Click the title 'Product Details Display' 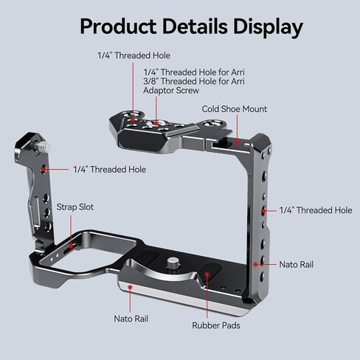(191, 27)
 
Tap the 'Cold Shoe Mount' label (235, 109)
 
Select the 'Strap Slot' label (75, 207)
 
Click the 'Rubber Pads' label (216, 325)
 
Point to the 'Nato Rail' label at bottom (131, 319)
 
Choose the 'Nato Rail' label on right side (297, 265)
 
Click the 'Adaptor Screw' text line (171, 91)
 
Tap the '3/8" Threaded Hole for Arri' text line (194, 81)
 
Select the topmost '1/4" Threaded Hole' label (134, 55)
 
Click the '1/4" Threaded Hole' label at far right (316, 210)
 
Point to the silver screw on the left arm (44, 147)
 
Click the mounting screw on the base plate (173, 263)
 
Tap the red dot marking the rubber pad (207, 274)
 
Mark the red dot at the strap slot (71, 246)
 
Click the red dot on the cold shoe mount (237, 142)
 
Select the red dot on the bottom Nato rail (131, 287)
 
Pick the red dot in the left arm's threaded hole (44, 169)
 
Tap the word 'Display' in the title (268, 27)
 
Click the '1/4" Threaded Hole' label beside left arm (110, 170)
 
